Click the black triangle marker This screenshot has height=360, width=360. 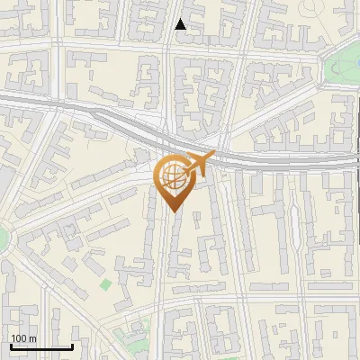click(x=181, y=24)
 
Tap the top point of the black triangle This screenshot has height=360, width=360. click(x=181, y=19)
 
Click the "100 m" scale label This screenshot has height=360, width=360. click(x=23, y=338)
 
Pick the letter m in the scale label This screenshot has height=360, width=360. click(x=32, y=338)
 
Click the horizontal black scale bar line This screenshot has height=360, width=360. click(x=41, y=346)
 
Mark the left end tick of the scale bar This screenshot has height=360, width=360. click(x=11, y=345)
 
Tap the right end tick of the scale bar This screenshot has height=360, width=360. click(x=72, y=345)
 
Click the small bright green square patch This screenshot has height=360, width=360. click(x=106, y=285)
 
